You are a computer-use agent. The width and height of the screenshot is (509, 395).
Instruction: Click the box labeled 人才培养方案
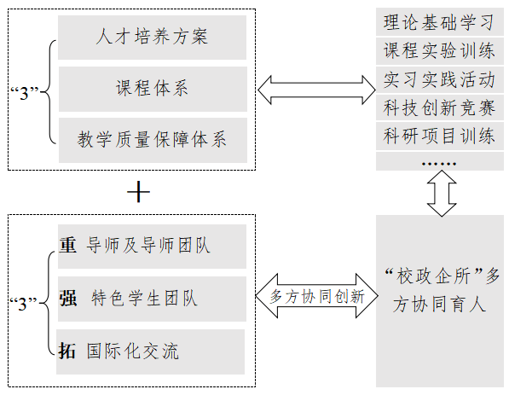(x=152, y=38)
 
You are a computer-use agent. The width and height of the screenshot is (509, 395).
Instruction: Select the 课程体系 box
(x=153, y=89)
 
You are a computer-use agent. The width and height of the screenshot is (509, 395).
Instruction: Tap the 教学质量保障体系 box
(x=153, y=140)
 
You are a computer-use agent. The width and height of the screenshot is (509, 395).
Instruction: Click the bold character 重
(x=68, y=245)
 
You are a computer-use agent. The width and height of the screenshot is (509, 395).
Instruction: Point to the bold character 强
(x=68, y=299)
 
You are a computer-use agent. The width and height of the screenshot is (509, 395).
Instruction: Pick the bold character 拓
(x=67, y=351)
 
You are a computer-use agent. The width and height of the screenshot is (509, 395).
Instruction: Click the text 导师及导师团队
(x=148, y=245)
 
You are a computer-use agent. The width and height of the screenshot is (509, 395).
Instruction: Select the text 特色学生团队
(x=144, y=299)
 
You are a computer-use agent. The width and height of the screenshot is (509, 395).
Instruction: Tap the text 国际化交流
(x=132, y=351)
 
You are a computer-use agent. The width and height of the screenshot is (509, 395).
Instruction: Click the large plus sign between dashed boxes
(x=139, y=192)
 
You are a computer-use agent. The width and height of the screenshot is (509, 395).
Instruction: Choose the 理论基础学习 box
(x=440, y=22)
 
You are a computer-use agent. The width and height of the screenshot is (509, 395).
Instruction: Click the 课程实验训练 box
(x=440, y=51)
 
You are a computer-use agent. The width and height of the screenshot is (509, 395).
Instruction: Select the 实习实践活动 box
(x=440, y=79)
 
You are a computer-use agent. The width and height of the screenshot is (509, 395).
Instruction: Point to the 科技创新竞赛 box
(x=440, y=107)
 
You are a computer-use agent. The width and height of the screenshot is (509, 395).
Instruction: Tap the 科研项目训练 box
(x=440, y=136)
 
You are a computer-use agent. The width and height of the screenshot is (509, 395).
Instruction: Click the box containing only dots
(x=440, y=161)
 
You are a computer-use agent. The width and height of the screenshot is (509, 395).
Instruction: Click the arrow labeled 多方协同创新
(x=317, y=296)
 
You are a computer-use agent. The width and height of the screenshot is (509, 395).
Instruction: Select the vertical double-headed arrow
(x=442, y=194)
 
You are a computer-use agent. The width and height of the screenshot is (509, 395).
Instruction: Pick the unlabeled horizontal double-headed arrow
(x=317, y=90)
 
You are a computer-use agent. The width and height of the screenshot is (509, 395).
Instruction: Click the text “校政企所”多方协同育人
(x=442, y=291)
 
